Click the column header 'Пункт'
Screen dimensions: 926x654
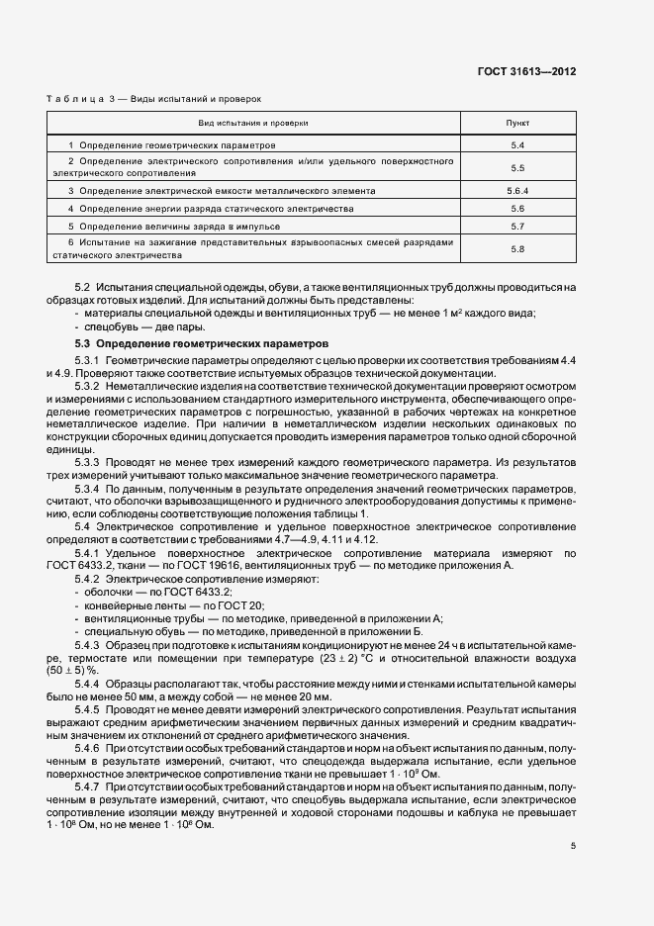(516, 124)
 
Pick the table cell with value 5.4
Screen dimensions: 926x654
(516, 145)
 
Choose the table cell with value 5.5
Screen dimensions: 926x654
(516, 168)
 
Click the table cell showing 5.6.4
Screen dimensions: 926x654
(516, 190)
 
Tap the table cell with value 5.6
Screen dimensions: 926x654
(516, 209)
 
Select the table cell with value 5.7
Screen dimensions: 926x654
(516, 228)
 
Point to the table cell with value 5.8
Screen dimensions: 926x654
(516, 249)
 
